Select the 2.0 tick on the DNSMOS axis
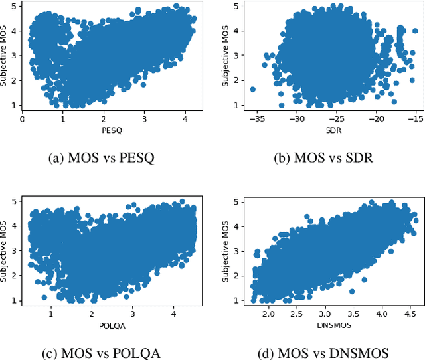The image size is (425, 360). pyautogui.click(x=267, y=312)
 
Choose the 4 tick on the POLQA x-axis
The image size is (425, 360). pyautogui.click(x=173, y=312)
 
